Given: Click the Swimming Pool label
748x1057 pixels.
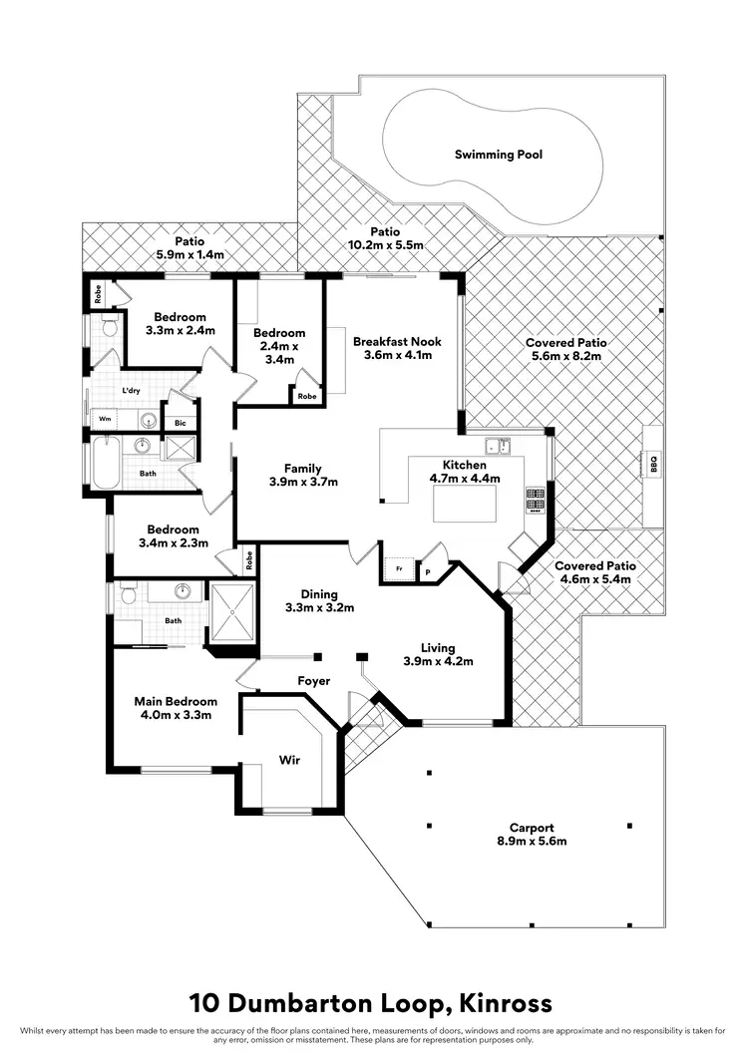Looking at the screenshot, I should tap(499, 155).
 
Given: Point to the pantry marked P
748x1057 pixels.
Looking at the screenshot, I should tap(429, 572).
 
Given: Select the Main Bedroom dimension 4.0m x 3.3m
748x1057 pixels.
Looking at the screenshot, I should tap(176, 714).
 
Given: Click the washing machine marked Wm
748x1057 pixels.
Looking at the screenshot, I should tap(105, 420).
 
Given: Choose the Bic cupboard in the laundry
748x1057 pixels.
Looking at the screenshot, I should tap(180, 423).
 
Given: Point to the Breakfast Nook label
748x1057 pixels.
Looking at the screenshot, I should tap(397, 341).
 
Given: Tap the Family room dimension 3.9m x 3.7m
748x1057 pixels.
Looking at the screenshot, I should tap(303, 482).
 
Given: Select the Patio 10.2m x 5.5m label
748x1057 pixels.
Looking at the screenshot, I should tap(385, 244).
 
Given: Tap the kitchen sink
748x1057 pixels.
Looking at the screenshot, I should tap(496, 446).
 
